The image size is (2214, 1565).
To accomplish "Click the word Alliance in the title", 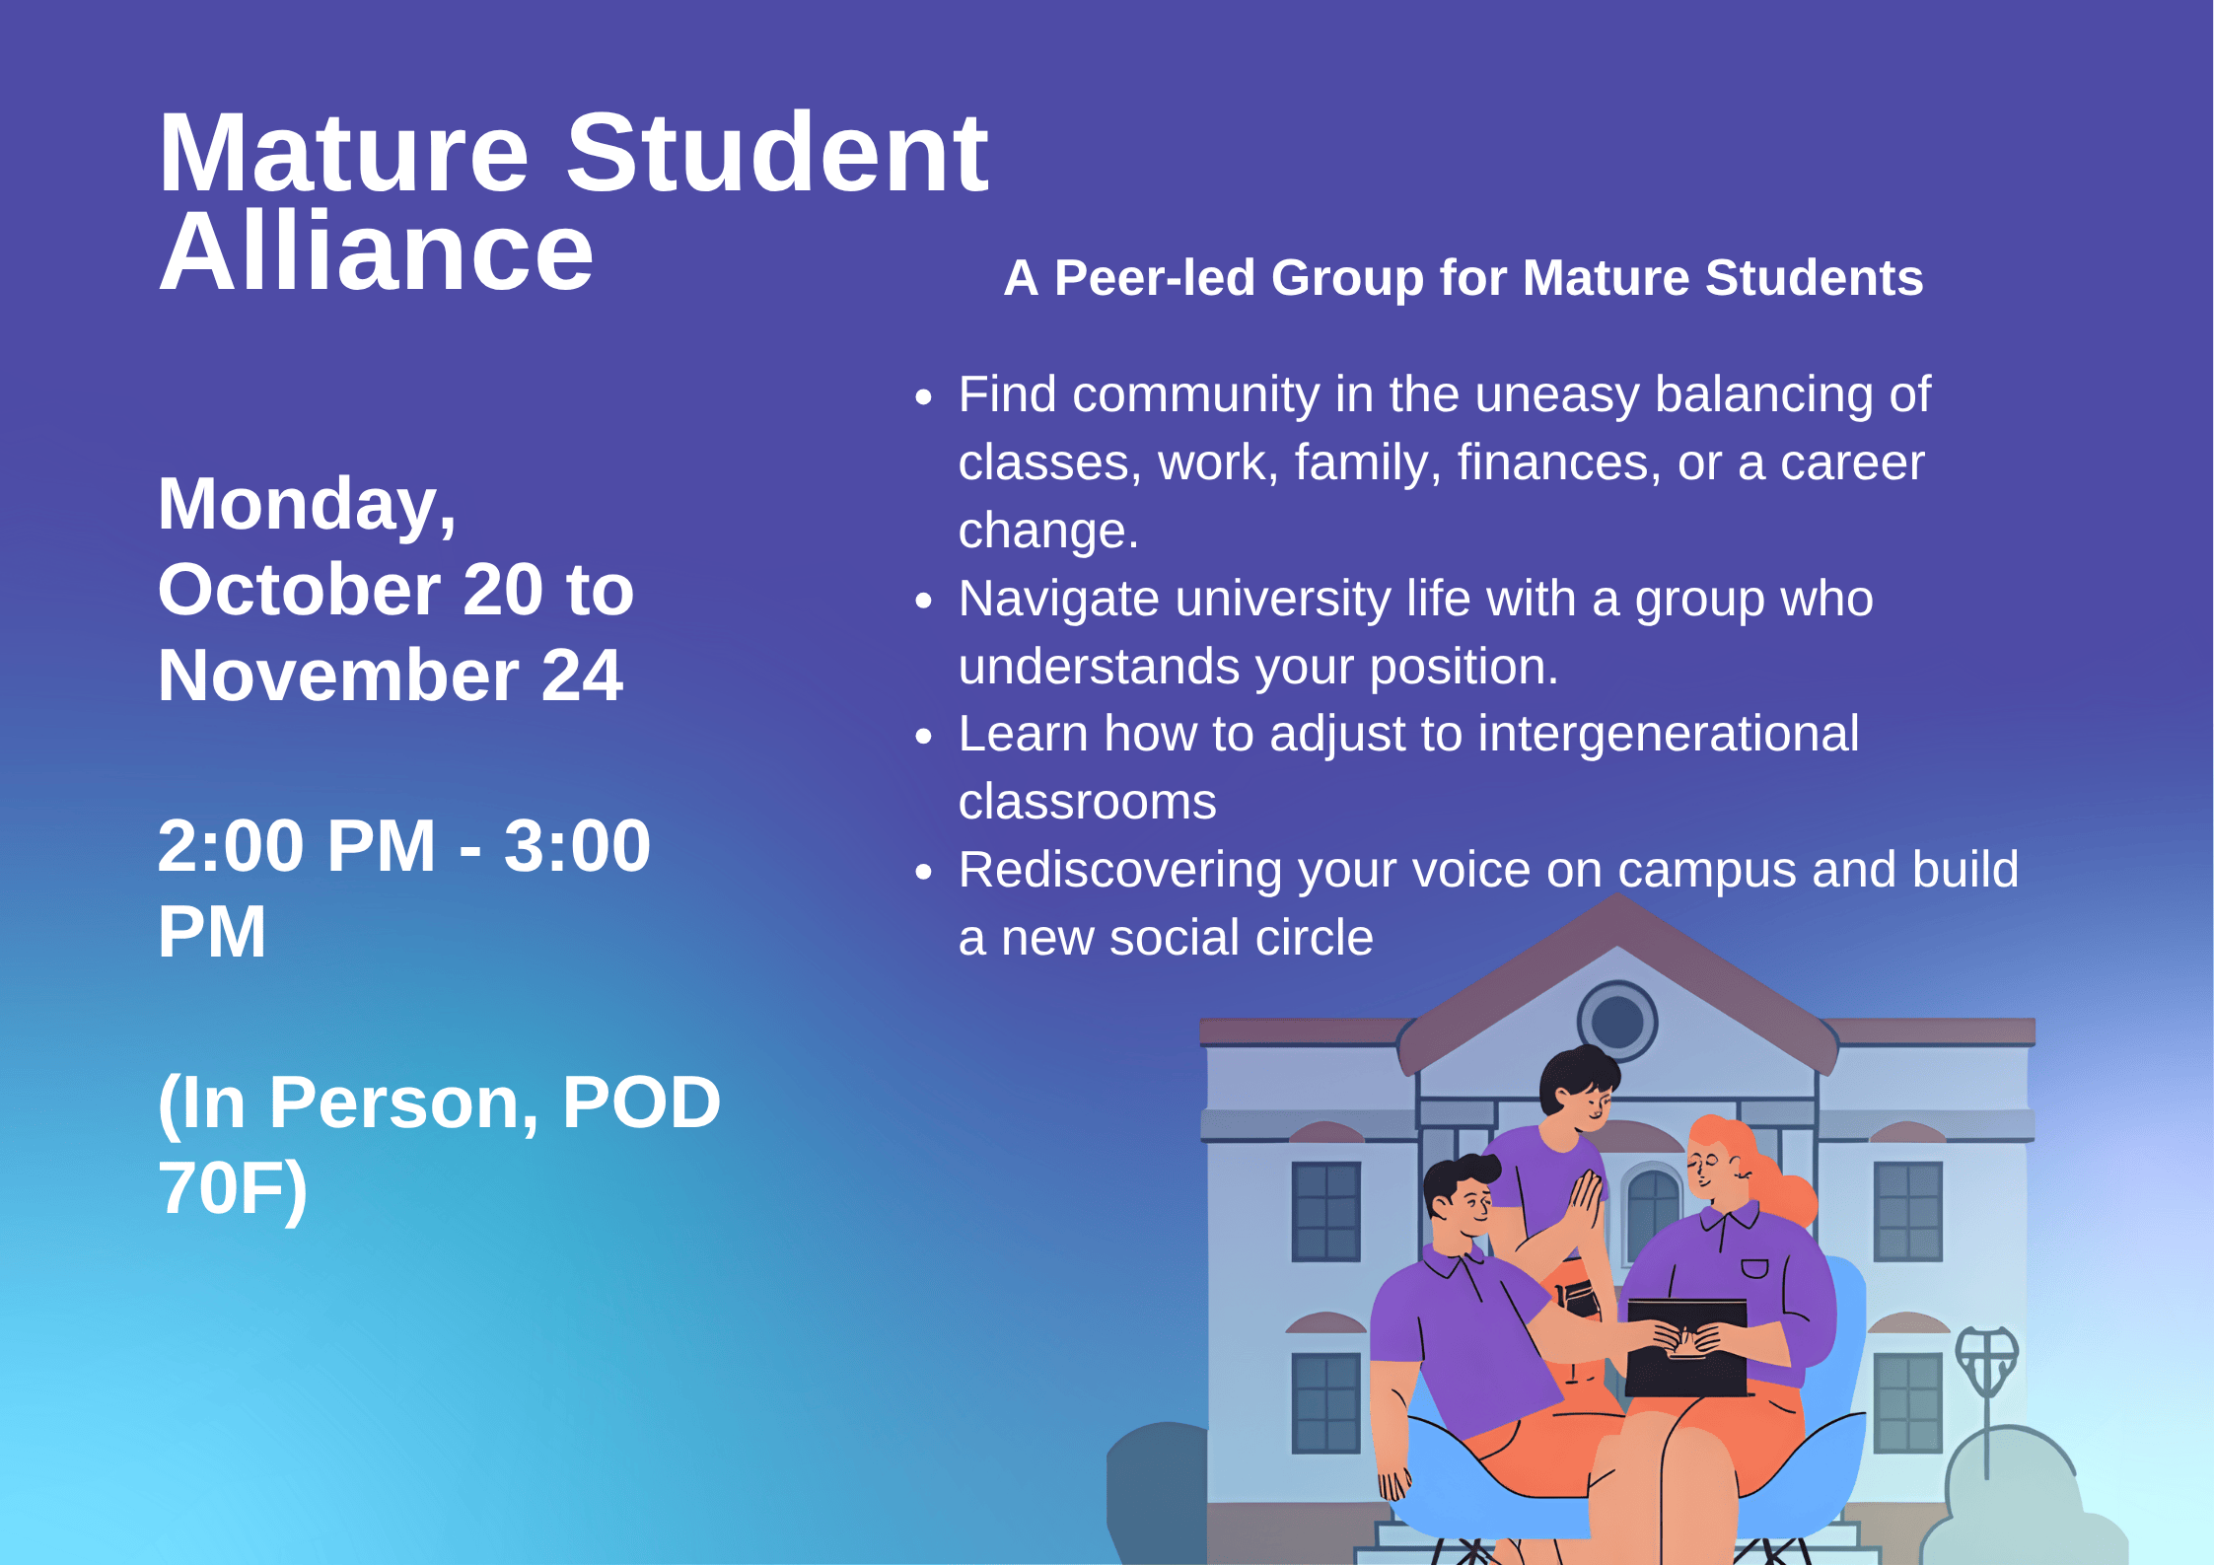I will coord(376,253).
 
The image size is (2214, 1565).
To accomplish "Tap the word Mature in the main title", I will coord(343,154).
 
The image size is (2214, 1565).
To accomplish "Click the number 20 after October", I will coord(502,590).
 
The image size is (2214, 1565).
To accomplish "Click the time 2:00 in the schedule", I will coord(230,846).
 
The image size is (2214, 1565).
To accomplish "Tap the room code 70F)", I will coord(233,1188).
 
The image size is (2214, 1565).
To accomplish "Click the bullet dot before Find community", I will coord(923,397).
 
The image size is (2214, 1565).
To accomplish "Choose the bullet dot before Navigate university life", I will coord(923,602).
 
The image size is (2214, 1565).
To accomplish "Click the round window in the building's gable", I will coord(1616,1021).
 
